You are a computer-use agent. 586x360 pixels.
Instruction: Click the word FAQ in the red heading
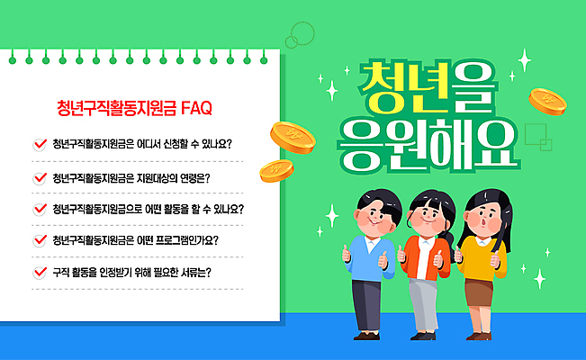click(x=196, y=109)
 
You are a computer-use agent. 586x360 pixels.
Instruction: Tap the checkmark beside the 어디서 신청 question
click(x=39, y=143)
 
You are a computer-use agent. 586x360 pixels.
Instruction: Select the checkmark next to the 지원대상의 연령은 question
click(x=39, y=176)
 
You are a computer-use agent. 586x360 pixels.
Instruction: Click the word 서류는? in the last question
click(x=195, y=272)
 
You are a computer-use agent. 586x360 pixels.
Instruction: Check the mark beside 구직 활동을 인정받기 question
click(x=39, y=272)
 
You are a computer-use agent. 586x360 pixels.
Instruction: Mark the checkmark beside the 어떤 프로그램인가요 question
click(x=39, y=240)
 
